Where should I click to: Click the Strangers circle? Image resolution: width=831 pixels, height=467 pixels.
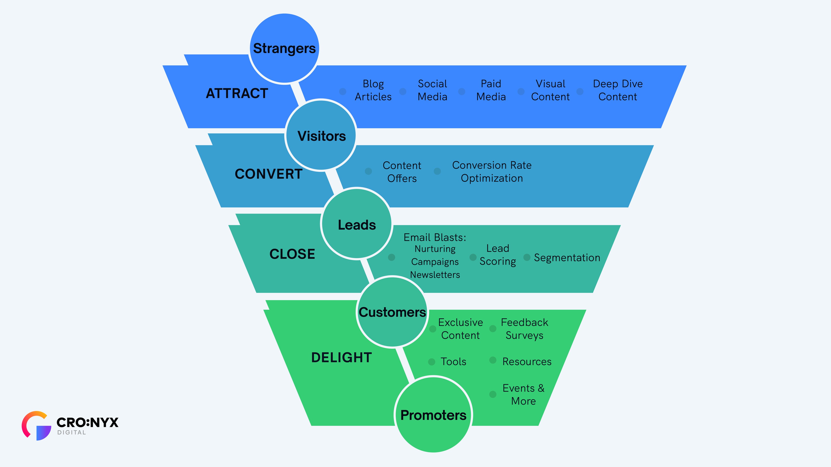tap(284, 48)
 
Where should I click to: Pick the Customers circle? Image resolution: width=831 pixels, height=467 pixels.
tap(392, 312)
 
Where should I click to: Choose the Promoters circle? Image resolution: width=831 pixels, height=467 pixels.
tap(433, 415)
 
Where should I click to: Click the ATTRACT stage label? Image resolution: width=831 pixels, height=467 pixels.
tap(237, 93)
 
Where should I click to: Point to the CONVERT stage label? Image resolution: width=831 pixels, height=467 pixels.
tap(268, 174)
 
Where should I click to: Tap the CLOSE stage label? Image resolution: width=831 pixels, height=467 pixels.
tap(292, 254)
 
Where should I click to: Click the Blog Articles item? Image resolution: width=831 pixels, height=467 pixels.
tap(373, 90)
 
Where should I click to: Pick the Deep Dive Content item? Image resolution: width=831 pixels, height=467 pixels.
tap(618, 90)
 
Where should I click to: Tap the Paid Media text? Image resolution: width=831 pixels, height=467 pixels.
tap(491, 90)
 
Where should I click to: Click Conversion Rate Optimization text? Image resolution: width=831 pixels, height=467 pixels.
tap(492, 171)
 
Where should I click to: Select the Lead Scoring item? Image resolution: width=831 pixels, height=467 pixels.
tap(498, 255)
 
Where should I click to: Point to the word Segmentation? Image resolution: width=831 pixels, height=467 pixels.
tap(567, 258)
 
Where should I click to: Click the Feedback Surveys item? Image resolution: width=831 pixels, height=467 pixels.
tap(524, 329)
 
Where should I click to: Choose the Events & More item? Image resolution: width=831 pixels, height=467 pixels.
tap(523, 395)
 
